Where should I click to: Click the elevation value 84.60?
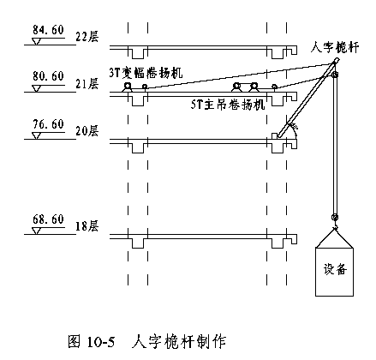tap(48, 30)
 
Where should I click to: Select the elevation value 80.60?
tap(48, 76)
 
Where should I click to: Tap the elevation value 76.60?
tap(48, 124)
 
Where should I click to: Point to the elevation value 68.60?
tap(48, 219)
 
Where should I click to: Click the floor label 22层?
tap(87, 37)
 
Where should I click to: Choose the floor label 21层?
tap(87, 84)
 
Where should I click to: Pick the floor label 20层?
tap(87, 130)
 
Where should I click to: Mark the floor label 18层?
tap(87, 226)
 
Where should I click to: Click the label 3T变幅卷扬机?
tap(146, 73)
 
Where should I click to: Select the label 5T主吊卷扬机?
tap(228, 105)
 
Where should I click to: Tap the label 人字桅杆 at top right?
tap(335, 47)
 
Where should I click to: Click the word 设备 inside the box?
tap(335, 269)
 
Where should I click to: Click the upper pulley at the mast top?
tap(335, 75)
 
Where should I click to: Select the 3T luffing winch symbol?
tap(127, 87)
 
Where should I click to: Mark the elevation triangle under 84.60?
tap(36, 41)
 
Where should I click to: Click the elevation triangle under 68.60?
tap(36, 231)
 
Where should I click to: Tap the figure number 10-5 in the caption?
tap(101, 342)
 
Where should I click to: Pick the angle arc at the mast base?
tap(295, 130)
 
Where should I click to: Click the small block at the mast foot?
tap(274, 136)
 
